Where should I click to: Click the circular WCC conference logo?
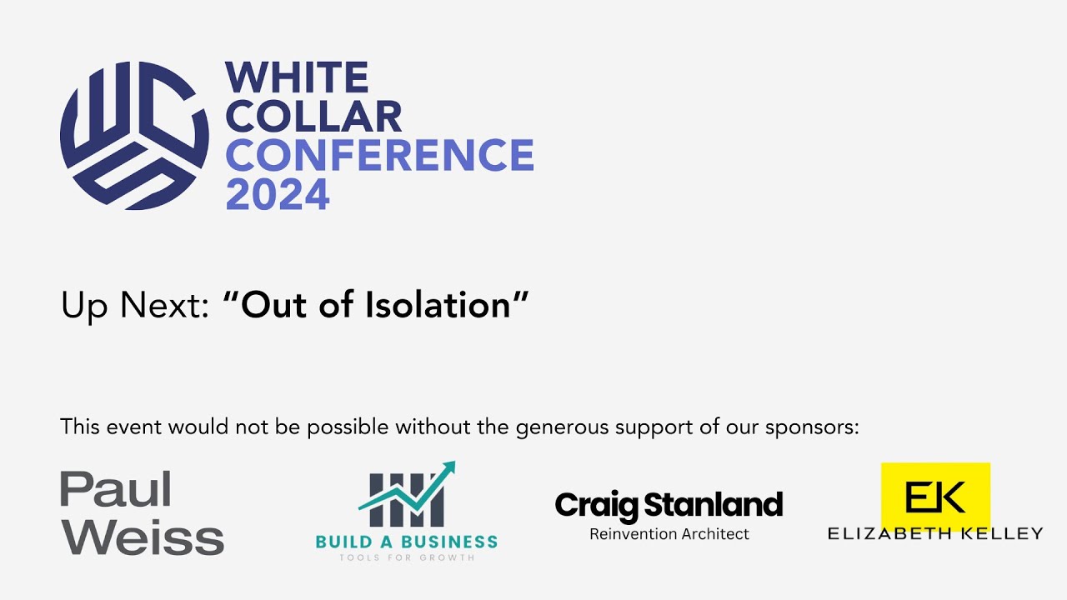134,135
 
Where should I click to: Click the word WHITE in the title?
297,78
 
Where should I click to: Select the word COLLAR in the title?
313,117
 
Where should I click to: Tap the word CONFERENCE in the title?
379,156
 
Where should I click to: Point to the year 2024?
278,194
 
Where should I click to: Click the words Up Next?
134,306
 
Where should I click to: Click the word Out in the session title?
269,305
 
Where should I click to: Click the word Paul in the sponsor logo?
115,489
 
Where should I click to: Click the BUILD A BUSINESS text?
406,542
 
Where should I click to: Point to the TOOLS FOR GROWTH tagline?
406,557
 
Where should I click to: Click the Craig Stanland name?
669,505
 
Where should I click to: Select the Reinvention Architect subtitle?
669,534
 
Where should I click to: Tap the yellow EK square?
935,497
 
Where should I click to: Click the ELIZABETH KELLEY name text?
935,533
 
